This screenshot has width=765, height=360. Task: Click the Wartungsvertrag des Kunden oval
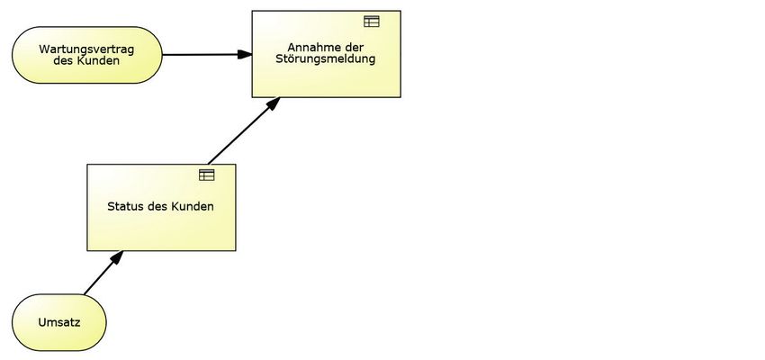click(86, 55)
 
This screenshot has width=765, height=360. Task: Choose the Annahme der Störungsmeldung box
click(326, 72)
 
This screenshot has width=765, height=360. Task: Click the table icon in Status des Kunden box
click(207, 175)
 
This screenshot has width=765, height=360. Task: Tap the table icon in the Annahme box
click(372, 22)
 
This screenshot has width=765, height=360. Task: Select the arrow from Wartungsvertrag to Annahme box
click(202, 55)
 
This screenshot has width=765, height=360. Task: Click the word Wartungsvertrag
click(86, 49)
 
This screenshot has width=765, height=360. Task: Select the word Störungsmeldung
click(326, 59)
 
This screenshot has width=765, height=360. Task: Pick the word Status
click(124, 206)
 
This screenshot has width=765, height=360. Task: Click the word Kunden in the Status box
click(193, 206)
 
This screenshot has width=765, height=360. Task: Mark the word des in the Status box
click(157, 206)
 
